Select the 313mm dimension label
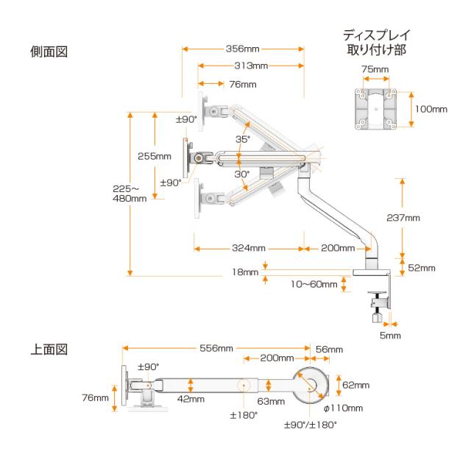pyautogui.click(x=249, y=66)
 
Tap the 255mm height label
pyautogui.click(x=154, y=156)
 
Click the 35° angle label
pyautogui.click(x=242, y=138)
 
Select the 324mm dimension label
pyautogui.click(x=247, y=247)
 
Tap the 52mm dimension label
pyautogui.click(x=422, y=268)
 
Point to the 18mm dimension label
pyautogui.click(x=245, y=272)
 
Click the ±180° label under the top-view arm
pyautogui.click(x=244, y=415)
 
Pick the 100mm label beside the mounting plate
pyautogui.click(x=431, y=109)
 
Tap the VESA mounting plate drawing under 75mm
pyautogui.click(x=377, y=108)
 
